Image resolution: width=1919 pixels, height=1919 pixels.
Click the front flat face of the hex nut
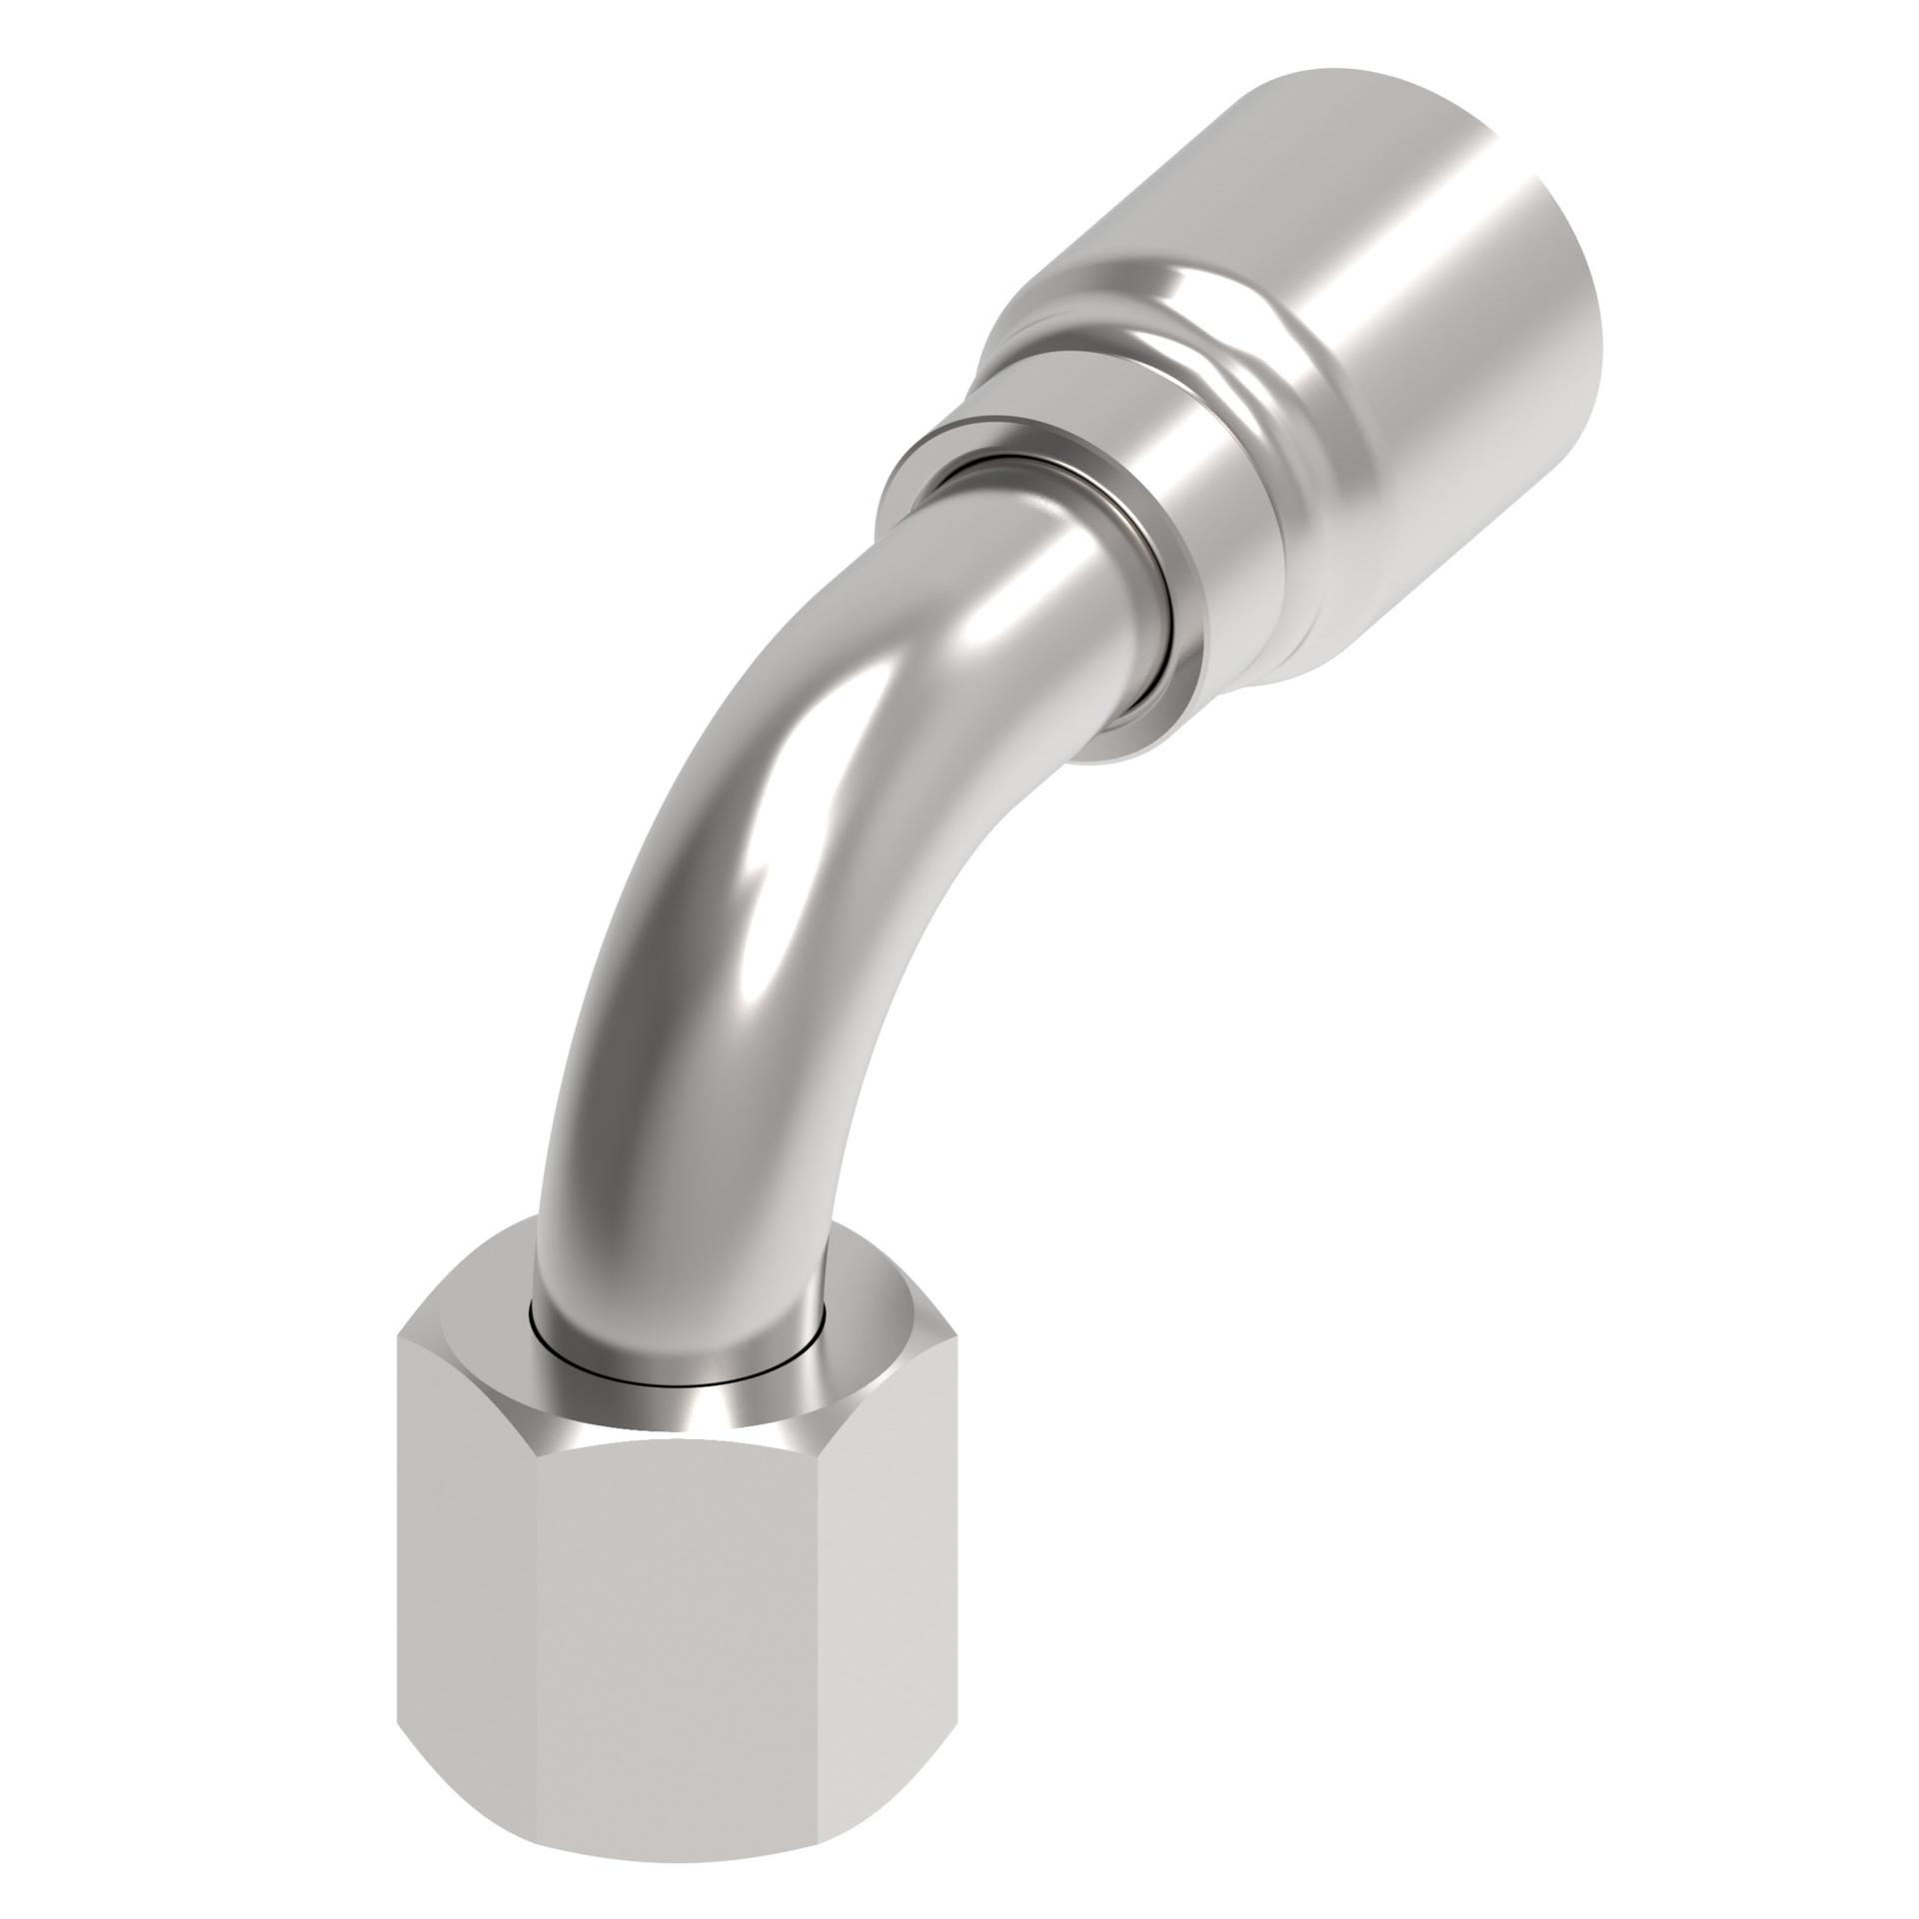pyautogui.click(x=680, y=1639)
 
